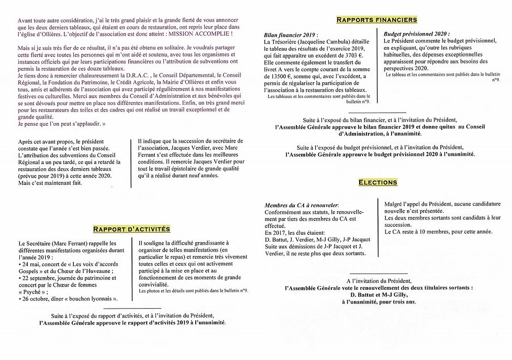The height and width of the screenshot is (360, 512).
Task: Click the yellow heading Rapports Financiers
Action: pos(376,20)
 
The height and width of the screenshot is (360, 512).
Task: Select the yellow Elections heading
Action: pos(377,182)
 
